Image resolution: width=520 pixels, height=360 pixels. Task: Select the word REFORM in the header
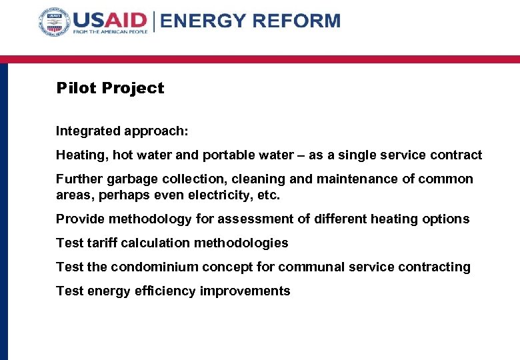pyautogui.click(x=293, y=21)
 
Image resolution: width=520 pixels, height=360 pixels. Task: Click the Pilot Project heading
pyautogui.click(x=110, y=88)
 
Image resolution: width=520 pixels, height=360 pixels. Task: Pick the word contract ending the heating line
pyautogui.click(x=458, y=155)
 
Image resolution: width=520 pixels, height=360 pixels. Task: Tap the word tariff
pyautogui.click(x=98, y=243)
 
